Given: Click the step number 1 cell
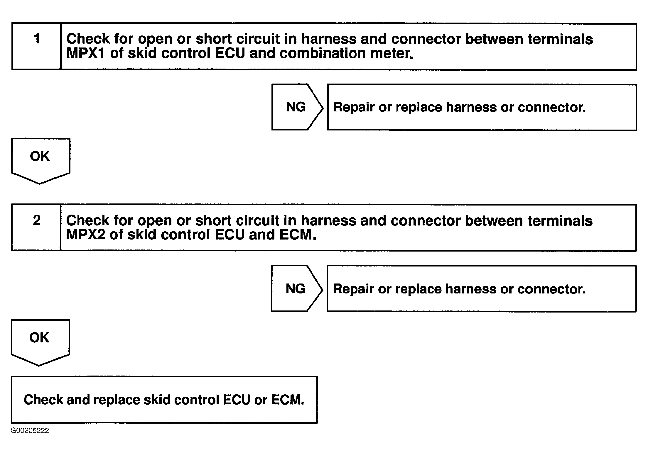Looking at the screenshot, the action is click(x=37, y=46).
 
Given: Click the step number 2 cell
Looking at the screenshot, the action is click(x=36, y=227).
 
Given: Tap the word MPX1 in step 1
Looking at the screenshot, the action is click(x=85, y=54).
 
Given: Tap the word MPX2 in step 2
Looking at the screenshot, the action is click(x=85, y=235).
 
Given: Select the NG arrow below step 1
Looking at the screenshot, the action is click(x=296, y=107).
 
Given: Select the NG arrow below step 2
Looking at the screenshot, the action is click(x=296, y=289).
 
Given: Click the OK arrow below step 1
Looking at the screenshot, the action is click(x=40, y=160).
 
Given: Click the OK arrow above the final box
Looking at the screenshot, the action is click(x=40, y=341).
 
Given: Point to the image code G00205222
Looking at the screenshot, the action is click(x=30, y=431).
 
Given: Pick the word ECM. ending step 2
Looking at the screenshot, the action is click(x=298, y=235).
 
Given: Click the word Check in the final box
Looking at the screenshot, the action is click(x=43, y=400).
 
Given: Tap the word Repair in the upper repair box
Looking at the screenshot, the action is click(x=354, y=108).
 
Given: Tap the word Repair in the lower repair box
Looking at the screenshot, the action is click(x=354, y=289).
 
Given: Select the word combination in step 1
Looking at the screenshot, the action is click(x=322, y=54).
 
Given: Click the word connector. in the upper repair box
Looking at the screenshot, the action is click(x=551, y=108).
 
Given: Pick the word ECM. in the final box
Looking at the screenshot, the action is click(x=288, y=400).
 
